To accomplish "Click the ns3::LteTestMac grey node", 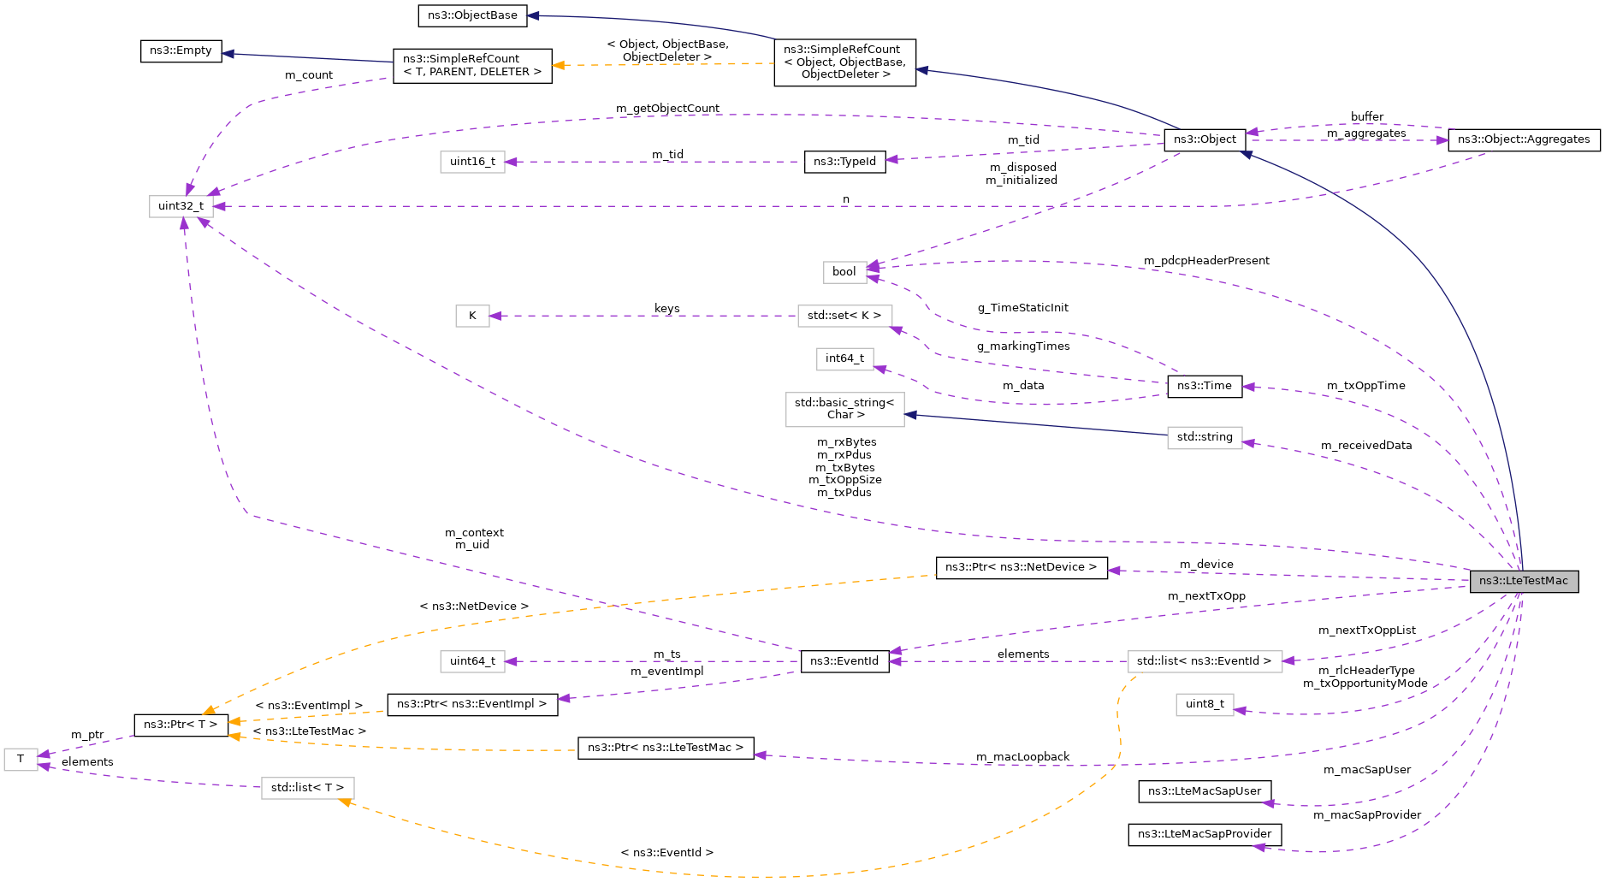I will click(x=1524, y=581).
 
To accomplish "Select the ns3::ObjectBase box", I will click(x=472, y=15).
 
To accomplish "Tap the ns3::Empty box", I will click(x=181, y=50).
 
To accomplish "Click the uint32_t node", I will click(x=181, y=206).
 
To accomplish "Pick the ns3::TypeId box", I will click(x=844, y=162).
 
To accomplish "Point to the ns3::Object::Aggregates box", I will click(x=1523, y=139).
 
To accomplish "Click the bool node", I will click(x=844, y=272).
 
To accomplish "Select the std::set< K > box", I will click(x=844, y=316).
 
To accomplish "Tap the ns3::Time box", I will click(x=1204, y=386).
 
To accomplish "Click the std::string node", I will click(x=1204, y=437).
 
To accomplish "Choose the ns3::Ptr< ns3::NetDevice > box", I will click(x=1021, y=567).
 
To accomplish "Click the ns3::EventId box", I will click(x=844, y=661).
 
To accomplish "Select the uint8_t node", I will click(x=1204, y=704).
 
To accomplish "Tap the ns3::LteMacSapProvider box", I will click(x=1204, y=834).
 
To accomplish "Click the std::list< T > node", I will click(x=307, y=788).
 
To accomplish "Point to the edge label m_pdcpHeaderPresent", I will click(x=1206, y=261).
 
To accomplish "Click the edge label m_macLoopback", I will click(x=1022, y=757).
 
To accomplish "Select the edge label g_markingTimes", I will click(x=1023, y=346).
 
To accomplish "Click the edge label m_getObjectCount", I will click(x=667, y=109).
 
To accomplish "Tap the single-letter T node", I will click(x=21, y=759).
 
